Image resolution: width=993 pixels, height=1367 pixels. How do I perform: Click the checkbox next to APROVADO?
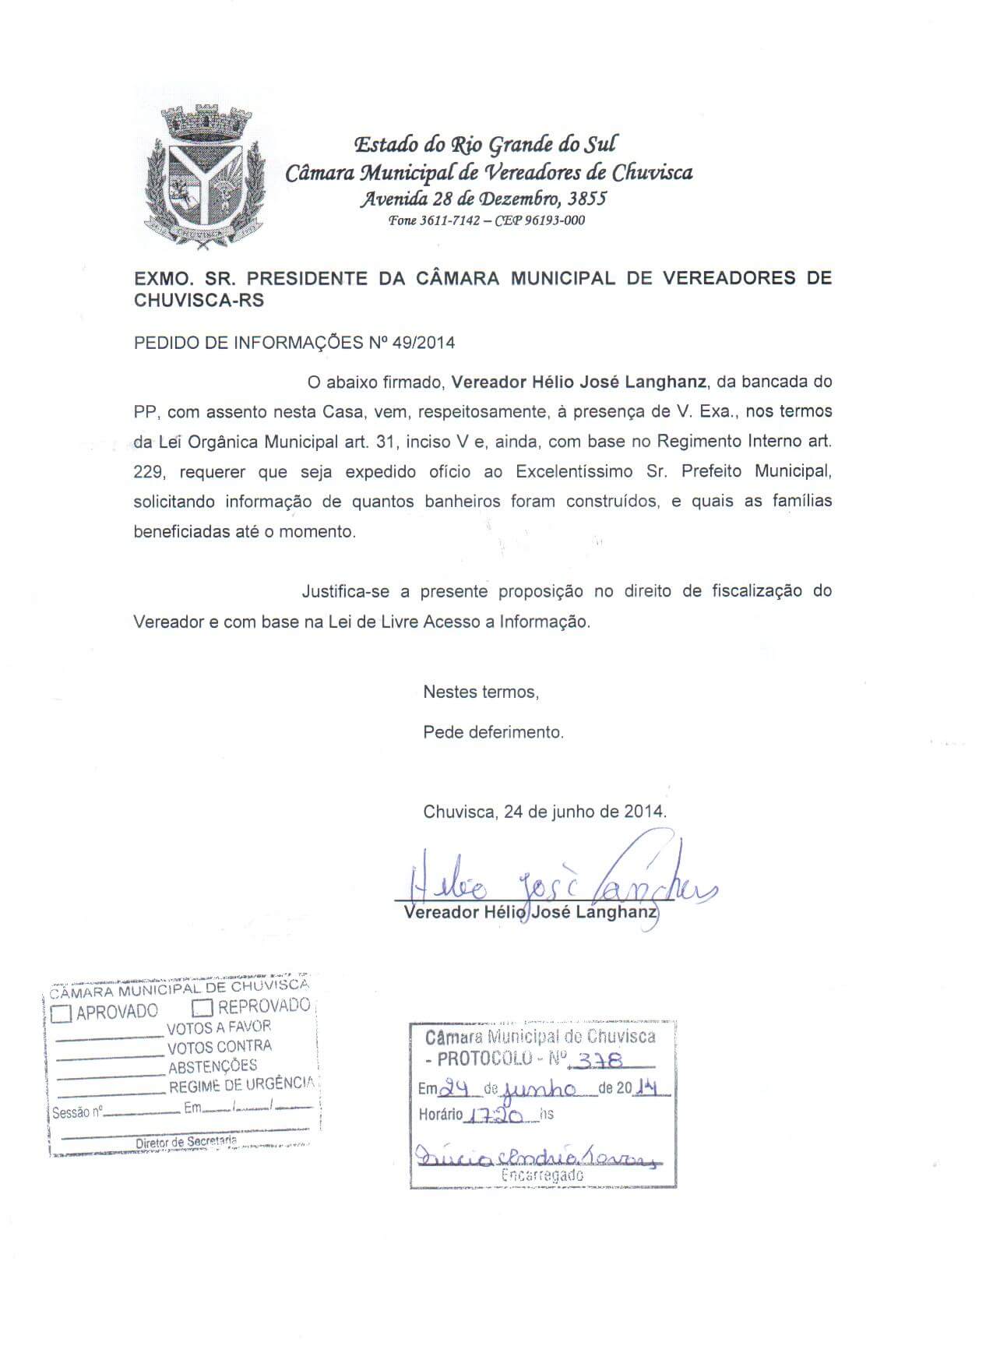coord(62,1013)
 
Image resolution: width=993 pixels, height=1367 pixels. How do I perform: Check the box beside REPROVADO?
coord(202,1008)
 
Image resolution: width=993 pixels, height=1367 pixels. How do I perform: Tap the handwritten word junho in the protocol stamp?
coord(540,1089)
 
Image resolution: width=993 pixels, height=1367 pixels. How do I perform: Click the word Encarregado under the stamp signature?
coord(543,1175)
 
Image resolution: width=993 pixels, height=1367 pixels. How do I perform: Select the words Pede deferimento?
coord(493,732)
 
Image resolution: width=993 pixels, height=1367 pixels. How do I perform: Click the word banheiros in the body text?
coord(463,501)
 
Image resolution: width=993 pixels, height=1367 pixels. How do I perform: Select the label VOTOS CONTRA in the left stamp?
coord(220,1048)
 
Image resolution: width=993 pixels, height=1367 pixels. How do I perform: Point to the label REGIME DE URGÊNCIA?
coord(241,1085)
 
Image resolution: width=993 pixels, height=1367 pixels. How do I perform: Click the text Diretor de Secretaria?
coord(186,1142)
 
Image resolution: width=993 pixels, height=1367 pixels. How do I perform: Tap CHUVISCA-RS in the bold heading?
coord(199,301)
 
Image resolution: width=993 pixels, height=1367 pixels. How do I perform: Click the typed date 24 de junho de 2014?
coord(544,811)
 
